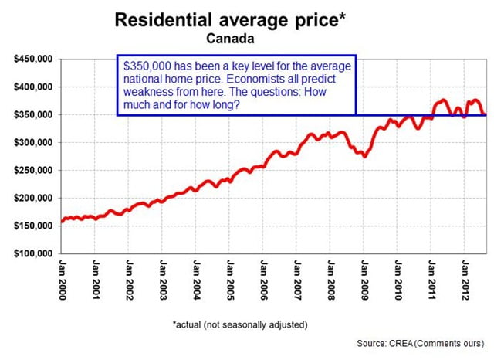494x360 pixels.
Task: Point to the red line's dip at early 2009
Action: [x=364, y=156]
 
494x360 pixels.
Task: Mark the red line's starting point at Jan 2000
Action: [x=62, y=222]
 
